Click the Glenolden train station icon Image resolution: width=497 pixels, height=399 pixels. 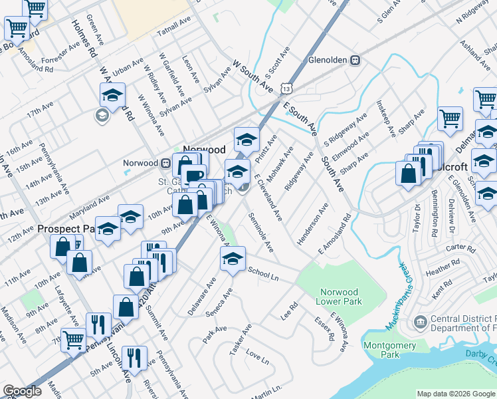pos(355,60)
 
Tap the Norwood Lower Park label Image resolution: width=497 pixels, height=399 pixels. pos(339,297)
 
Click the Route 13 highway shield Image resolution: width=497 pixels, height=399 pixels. pos(286,87)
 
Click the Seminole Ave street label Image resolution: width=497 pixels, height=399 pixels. pos(261,232)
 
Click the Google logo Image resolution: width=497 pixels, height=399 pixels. pos(22,391)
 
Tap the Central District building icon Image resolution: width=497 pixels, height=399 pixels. pos(420,323)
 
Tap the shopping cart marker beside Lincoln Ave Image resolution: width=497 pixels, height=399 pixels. pos(74,339)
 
